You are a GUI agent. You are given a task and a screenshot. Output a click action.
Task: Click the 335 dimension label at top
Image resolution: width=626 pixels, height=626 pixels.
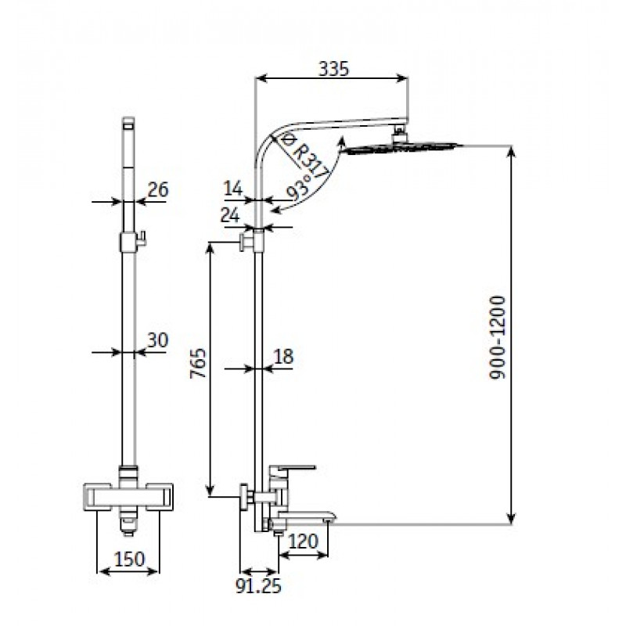[334, 69]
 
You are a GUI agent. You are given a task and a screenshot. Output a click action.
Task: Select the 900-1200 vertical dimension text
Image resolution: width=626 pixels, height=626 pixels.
[498, 337]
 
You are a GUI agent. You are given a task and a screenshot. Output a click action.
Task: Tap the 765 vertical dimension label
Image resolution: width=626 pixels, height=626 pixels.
[198, 363]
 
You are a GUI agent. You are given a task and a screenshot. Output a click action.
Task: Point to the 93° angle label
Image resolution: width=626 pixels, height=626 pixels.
[301, 188]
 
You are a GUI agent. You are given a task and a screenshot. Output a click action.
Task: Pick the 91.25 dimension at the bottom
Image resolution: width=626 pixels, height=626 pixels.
[258, 585]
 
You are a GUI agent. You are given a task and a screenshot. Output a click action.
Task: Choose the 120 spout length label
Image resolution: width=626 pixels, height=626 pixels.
[303, 541]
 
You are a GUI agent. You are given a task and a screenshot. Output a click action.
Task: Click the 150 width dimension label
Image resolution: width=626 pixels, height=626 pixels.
[129, 559]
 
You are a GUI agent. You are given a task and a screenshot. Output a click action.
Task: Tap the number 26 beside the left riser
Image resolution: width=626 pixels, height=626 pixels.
[158, 189]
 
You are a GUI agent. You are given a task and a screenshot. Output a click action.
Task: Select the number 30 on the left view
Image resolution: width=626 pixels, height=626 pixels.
[158, 340]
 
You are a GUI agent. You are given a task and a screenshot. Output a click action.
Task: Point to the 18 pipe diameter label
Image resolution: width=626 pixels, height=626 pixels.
[283, 357]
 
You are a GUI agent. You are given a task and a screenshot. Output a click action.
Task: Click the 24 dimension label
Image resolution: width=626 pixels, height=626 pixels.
[230, 216]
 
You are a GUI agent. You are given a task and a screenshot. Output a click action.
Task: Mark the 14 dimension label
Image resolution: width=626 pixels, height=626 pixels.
[233, 189]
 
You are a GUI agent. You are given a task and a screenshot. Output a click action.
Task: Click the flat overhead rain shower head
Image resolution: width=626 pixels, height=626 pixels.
[403, 148]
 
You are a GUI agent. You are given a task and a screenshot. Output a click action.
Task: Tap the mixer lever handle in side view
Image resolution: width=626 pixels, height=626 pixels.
[292, 469]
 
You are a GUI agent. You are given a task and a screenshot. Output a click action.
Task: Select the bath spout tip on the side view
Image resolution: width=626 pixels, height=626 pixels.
[330, 516]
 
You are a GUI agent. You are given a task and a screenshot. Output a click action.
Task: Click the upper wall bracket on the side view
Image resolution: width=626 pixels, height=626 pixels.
[246, 243]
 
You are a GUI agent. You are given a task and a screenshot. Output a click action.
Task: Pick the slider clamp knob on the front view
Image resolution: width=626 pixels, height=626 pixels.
[142, 239]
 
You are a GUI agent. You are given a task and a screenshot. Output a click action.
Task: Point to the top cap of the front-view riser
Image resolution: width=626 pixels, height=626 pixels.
[128, 123]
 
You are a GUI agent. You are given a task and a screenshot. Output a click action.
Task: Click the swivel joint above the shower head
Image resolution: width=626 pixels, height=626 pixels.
[399, 134]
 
